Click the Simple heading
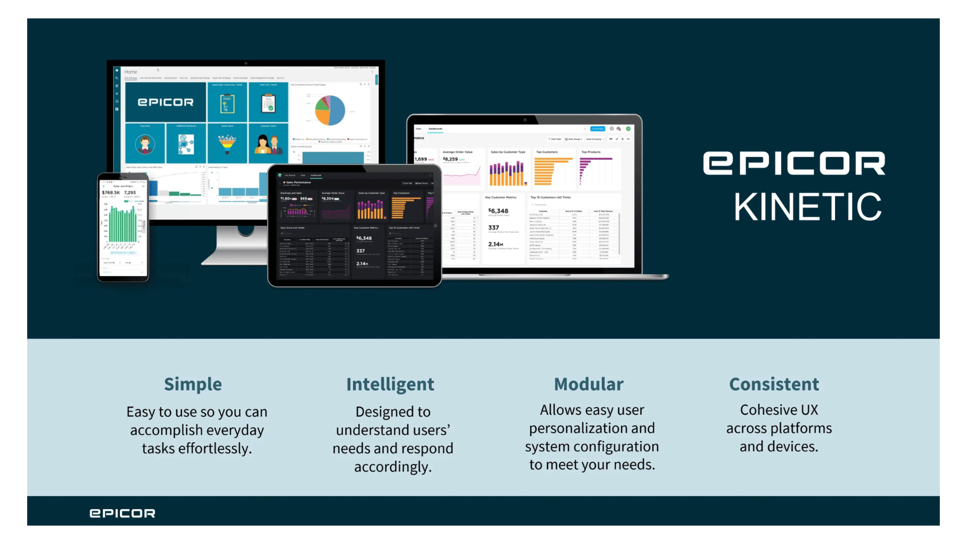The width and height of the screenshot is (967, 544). point(193,384)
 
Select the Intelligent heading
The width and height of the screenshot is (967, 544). point(390,384)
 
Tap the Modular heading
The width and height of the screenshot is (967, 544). point(588,384)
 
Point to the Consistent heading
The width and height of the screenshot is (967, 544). point(774,384)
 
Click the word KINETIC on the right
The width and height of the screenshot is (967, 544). point(807,207)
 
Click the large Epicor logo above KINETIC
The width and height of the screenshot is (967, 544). point(794,163)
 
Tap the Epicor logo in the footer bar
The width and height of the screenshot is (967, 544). point(122,513)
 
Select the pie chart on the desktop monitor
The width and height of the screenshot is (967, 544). point(330,110)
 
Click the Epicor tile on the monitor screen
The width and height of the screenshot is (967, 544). point(166,102)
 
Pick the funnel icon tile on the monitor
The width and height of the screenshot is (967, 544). point(227,144)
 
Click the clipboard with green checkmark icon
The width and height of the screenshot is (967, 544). point(268,103)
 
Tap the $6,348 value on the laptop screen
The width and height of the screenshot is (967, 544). point(499,211)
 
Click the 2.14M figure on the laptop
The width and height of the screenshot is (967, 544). point(496,244)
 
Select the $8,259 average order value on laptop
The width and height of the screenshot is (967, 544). point(451,159)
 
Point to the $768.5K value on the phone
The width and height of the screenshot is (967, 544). point(111,192)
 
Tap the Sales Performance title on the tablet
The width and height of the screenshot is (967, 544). point(299,182)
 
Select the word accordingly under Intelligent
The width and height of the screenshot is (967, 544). point(393,466)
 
